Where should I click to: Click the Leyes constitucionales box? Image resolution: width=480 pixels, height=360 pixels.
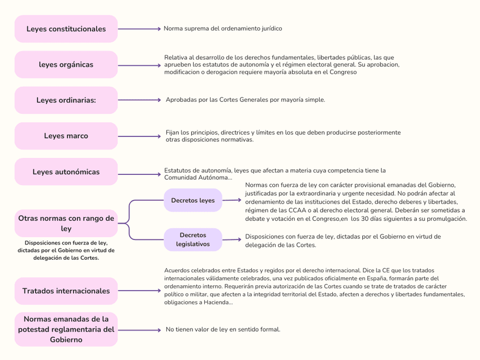[66, 29]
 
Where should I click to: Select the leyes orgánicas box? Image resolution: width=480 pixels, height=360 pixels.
[66, 65]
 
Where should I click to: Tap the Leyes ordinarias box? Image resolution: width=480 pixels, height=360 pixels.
[66, 100]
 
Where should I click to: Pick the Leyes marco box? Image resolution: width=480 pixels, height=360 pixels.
[66, 136]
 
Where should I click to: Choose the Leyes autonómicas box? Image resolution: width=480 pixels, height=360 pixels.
[66, 172]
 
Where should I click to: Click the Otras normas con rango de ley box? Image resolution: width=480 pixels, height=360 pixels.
[66, 223]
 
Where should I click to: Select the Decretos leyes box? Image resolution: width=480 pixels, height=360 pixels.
[192, 200]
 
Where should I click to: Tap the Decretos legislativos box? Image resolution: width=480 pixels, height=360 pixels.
[192, 239]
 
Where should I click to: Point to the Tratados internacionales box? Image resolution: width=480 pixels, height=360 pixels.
[66, 291]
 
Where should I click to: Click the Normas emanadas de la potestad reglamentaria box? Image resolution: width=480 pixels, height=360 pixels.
[66, 329]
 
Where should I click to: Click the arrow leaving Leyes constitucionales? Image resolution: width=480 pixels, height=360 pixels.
[139, 29]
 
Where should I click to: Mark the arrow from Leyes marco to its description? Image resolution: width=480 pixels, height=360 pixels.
[139, 136]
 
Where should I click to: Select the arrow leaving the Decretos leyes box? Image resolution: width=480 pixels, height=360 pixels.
[231, 200]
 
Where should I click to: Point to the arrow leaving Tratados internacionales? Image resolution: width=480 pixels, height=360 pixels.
[139, 291]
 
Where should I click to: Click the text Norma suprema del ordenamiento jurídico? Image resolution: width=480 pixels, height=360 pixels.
[222, 28]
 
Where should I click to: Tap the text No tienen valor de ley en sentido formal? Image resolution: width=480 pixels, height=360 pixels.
[222, 329]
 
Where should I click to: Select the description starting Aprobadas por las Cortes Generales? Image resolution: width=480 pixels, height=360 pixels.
[245, 100]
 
